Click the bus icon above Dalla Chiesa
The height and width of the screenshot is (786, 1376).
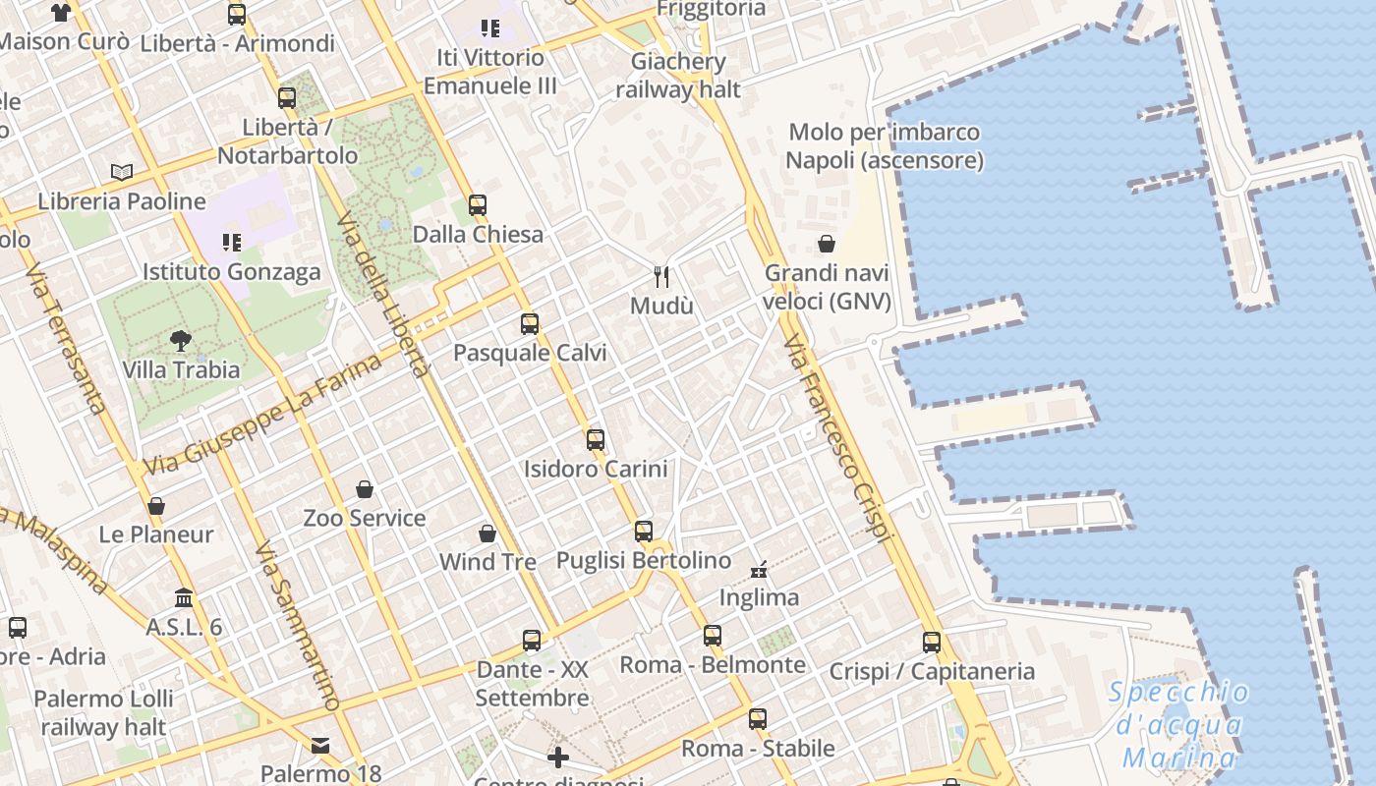point(478,205)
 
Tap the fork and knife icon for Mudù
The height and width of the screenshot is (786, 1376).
point(661,277)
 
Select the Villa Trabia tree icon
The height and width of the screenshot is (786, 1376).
point(180,341)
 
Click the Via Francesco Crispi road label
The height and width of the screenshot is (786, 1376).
point(837,438)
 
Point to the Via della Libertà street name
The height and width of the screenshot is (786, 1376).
point(384,294)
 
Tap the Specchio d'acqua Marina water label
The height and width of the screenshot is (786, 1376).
point(1179,724)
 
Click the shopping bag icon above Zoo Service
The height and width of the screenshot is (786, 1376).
point(365,489)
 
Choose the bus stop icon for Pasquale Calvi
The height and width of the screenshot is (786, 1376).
point(530,323)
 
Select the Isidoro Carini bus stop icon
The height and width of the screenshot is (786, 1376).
point(595,439)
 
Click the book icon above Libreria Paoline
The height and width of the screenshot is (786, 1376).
point(122,173)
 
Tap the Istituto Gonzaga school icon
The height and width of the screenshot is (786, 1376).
point(231,242)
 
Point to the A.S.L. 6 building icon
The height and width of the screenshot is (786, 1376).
point(184,597)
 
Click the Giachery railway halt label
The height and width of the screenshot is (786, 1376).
point(678,76)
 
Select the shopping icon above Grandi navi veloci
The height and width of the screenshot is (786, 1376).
point(827,244)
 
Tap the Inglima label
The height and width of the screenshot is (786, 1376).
point(759,597)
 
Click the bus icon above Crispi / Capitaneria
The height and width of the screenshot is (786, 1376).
point(932,643)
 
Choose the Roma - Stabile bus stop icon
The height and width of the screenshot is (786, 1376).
point(757,718)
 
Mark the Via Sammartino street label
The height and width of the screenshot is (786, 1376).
point(297,625)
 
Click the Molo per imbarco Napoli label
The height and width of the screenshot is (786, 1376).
point(885,145)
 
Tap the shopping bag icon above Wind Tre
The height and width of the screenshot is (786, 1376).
point(487,533)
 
